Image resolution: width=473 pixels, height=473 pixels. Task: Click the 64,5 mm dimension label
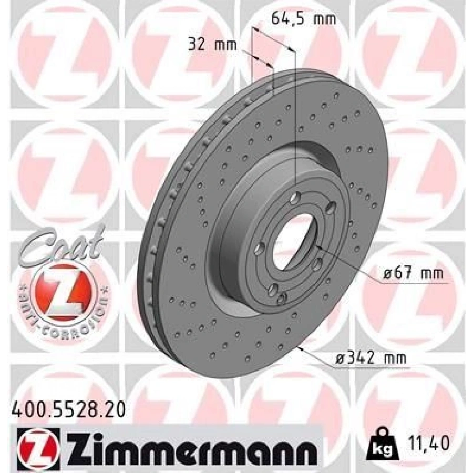point(304,19)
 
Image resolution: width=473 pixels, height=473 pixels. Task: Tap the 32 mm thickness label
point(212,45)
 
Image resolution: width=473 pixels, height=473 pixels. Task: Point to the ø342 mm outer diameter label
point(371,358)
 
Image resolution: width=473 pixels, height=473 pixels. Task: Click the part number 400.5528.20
point(68,411)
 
